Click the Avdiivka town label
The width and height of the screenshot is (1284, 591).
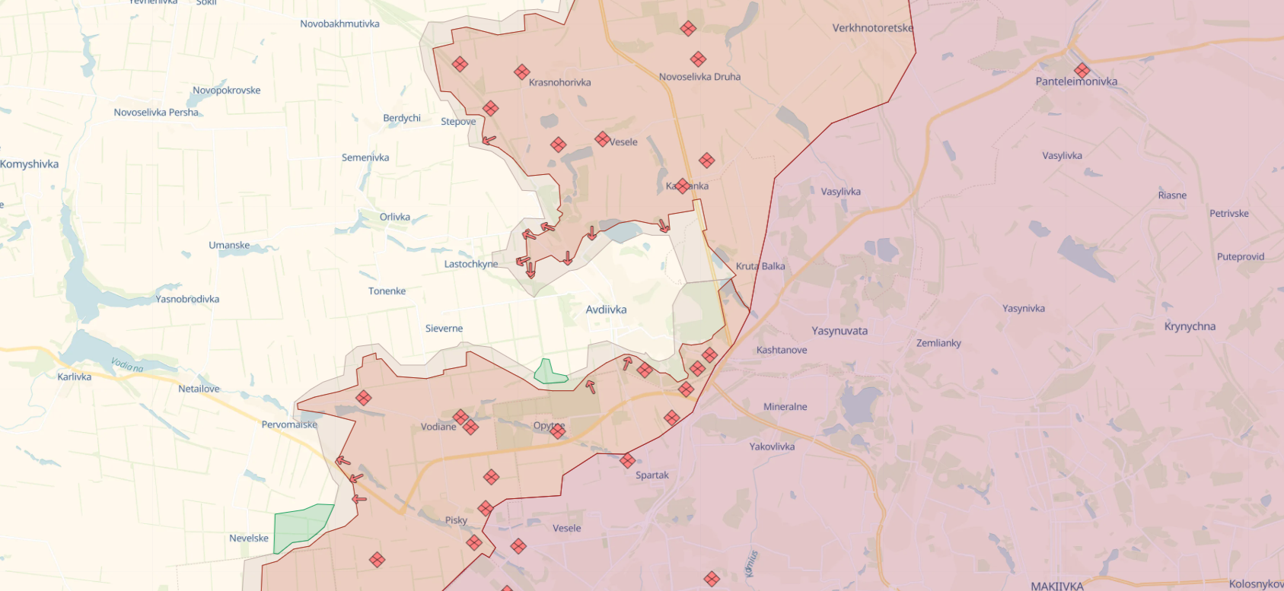tap(606, 310)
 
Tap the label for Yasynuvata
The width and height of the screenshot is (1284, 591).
tap(839, 331)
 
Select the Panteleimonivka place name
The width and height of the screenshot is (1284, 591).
tap(1076, 81)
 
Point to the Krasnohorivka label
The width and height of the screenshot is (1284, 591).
tap(559, 82)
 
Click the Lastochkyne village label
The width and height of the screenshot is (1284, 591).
tap(470, 264)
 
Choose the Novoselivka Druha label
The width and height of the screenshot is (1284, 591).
tap(699, 77)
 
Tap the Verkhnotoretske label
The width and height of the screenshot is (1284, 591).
tap(872, 28)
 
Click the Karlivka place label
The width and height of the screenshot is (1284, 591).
tap(74, 377)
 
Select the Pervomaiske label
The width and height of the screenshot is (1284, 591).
tap(289, 424)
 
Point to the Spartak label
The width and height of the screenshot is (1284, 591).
tap(652, 475)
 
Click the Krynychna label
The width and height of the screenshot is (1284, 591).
tap(1190, 326)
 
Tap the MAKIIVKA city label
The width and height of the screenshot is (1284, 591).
tap(1056, 586)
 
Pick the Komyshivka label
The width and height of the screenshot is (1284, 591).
tap(29, 164)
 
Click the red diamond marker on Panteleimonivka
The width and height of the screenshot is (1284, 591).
tap(1082, 71)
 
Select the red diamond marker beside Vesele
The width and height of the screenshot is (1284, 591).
tap(602, 139)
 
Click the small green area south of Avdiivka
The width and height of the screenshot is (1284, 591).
tap(549, 372)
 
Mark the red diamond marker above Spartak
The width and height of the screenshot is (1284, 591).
tap(627, 460)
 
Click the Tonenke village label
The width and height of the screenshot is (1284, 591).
tap(387, 291)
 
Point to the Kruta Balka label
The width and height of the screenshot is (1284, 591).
tap(760, 266)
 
